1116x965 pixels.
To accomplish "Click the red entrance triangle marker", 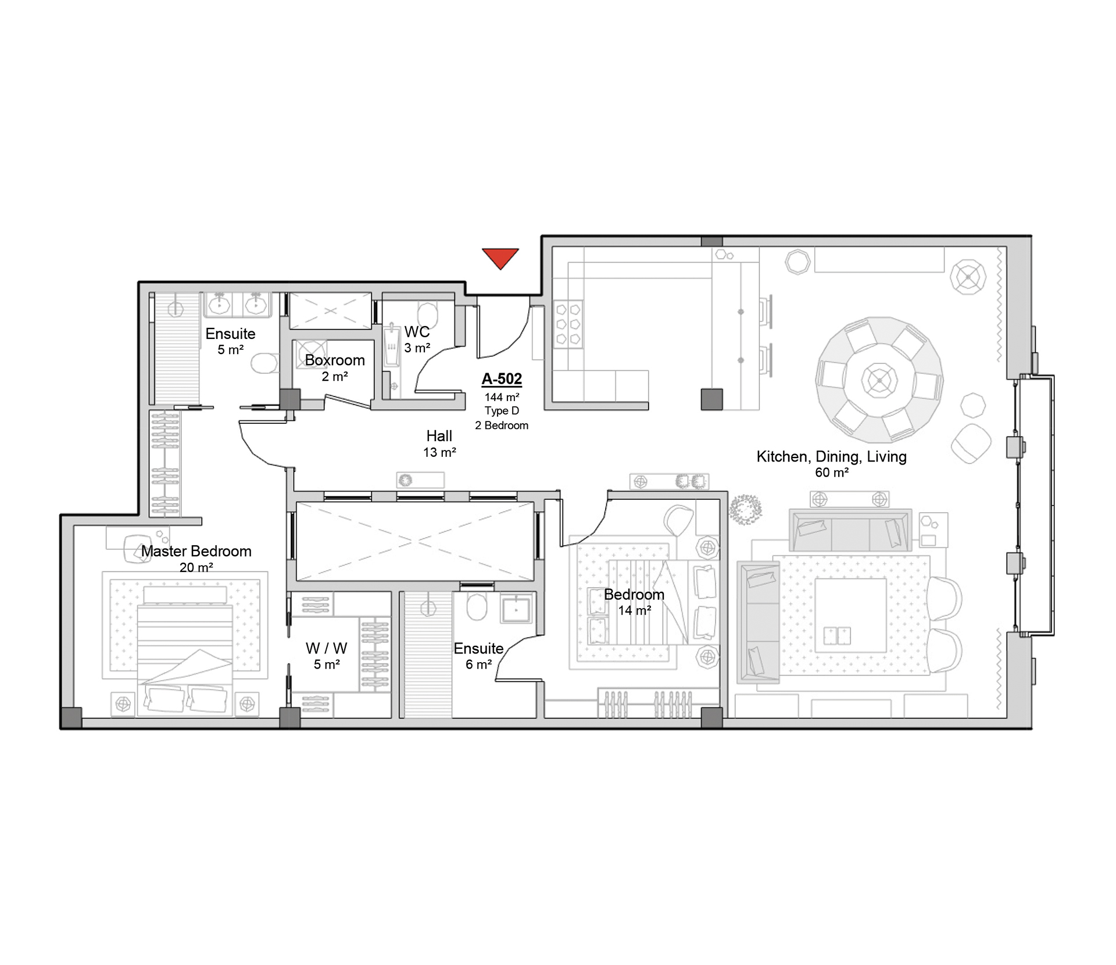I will click(x=500, y=258).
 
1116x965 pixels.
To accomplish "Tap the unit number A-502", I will click(x=502, y=379).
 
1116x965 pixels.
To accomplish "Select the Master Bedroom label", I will click(x=196, y=551).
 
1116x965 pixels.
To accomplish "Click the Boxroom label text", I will click(x=335, y=360).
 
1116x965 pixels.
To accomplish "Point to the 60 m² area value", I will click(x=831, y=473).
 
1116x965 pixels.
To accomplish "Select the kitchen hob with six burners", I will click(x=568, y=324).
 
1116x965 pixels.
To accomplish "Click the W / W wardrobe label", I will click(x=326, y=648).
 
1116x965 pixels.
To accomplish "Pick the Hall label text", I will click(x=439, y=436).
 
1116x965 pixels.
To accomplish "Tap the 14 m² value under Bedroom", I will click(x=634, y=610).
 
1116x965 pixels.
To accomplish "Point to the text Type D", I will click(x=502, y=411).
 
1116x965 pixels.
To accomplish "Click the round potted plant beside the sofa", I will click(x=745, y=510).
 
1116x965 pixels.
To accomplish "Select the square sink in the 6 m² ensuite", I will click(x=516, y=609).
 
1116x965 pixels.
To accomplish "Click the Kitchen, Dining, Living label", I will click(x=831, y=457).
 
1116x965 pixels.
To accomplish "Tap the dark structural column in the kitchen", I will click(x=711, y=399).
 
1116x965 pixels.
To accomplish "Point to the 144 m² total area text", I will click(x=502, y=398).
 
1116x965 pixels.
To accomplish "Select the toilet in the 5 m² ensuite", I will click(x=264, y=364).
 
